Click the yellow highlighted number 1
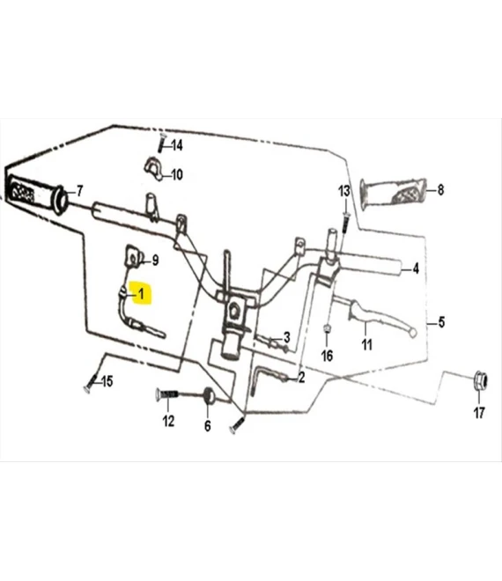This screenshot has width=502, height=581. point(141,294)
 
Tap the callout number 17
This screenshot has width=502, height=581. point(479,412)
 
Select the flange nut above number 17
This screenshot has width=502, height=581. point(481,380)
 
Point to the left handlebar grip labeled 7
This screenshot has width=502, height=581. point(38,195)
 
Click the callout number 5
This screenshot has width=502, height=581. point(441,322)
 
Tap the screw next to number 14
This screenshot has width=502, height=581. point(162,142)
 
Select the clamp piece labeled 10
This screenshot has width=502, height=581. point(152,169)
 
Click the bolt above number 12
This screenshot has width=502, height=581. point(166,393)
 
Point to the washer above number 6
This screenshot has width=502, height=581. point(209,394)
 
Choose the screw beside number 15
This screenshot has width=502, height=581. point(91,383)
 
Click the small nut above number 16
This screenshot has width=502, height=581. point(327,328)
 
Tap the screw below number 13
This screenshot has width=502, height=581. point(345,223)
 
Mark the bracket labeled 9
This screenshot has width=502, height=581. point(132,256)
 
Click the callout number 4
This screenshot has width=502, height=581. point(416,268)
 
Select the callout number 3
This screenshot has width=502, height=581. point(286,337)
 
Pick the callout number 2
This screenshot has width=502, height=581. point(301,378)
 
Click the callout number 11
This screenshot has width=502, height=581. point(366,344)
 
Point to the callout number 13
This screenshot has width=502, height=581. point(344,191)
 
